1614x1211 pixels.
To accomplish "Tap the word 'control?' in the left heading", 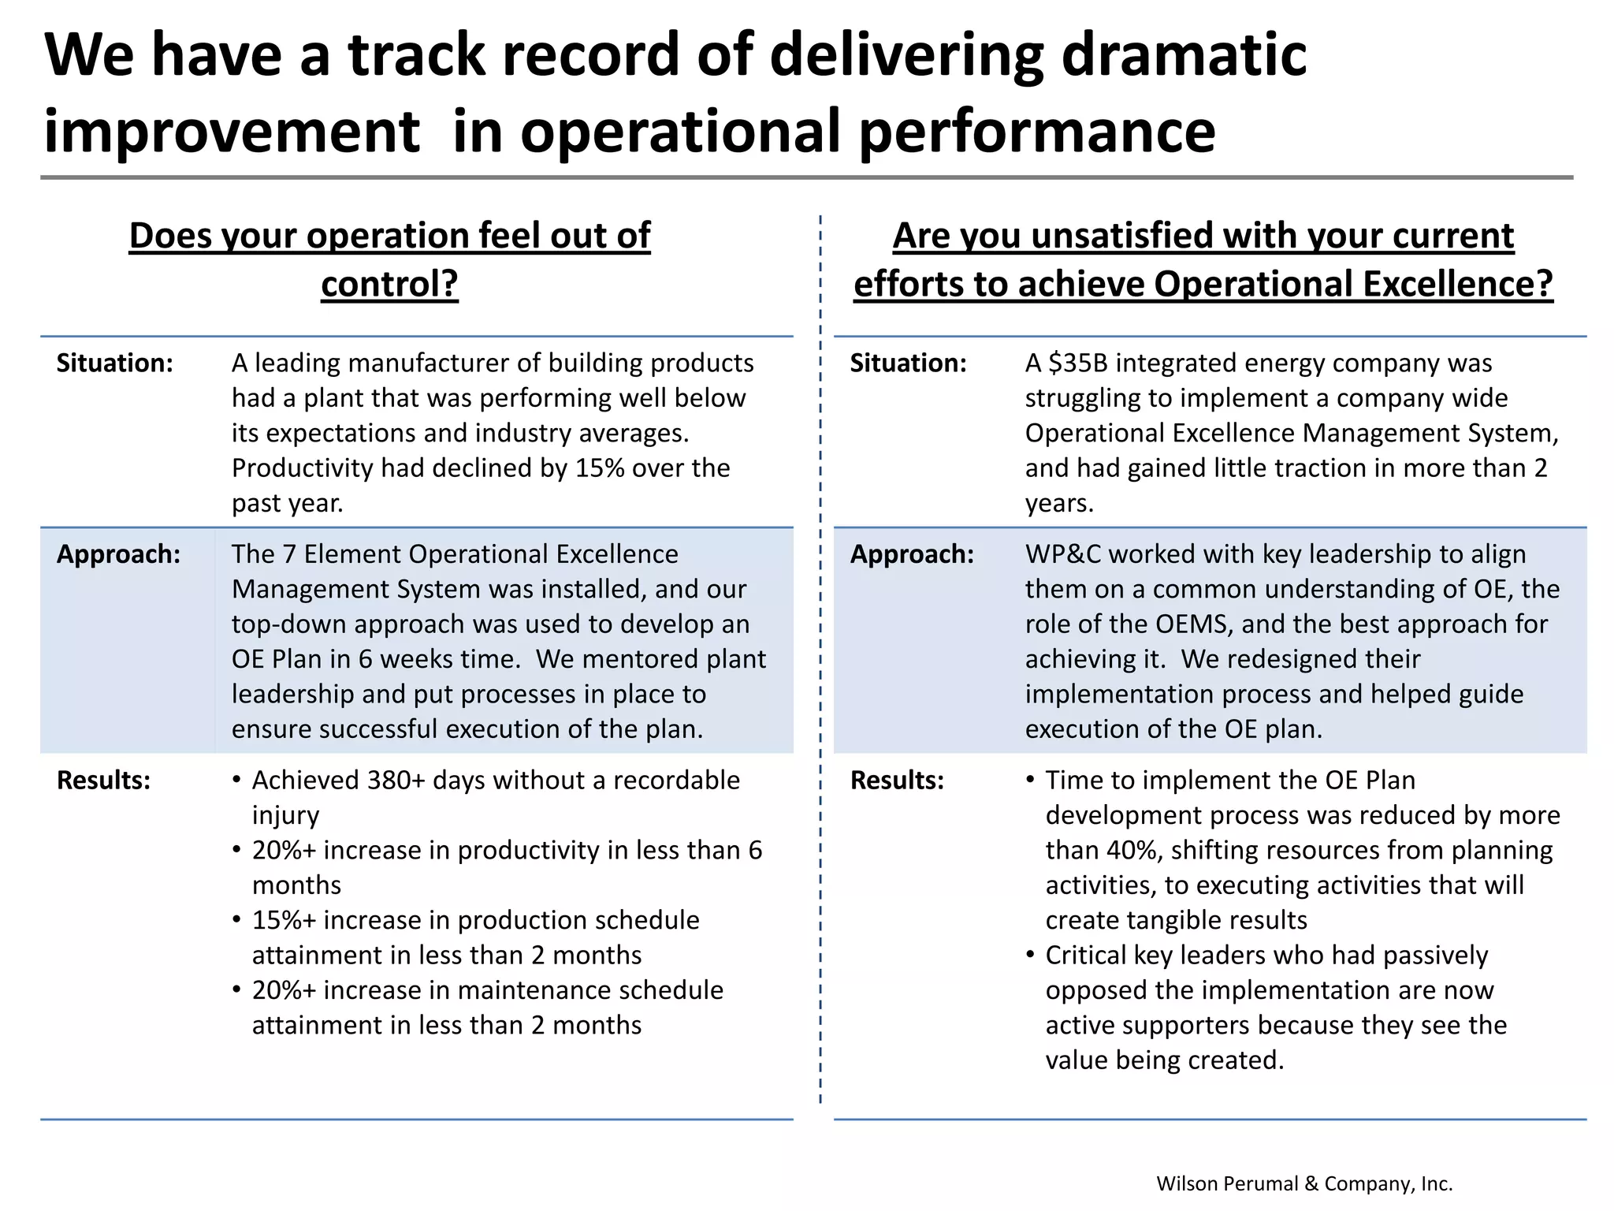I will [x=389, y=284].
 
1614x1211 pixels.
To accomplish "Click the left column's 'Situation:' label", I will [x=114, y=363].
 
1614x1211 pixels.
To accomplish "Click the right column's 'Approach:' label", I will [x=912, y=554].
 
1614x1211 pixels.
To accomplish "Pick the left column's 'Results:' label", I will [x=103, y=780].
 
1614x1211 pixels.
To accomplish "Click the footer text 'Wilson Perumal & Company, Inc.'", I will [x=1304, y=1183].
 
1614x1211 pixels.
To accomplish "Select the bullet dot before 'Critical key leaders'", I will [x=1031, y=955].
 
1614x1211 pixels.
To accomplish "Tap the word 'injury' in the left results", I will [x=285, y=815].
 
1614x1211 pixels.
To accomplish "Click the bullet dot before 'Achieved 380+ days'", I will [x=236, y=780].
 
